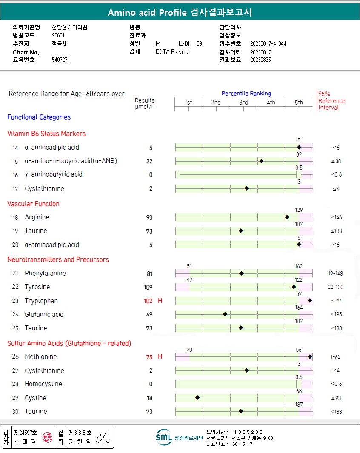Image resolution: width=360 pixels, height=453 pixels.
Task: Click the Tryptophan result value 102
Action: pos(148,301)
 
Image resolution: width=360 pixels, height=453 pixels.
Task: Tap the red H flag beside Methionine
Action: pos(160,356)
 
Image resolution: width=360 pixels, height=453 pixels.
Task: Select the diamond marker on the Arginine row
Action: pos(287,217)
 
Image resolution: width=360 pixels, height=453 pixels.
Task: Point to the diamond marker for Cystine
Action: pos(197,398)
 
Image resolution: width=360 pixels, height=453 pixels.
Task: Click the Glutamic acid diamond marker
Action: pos(225,314)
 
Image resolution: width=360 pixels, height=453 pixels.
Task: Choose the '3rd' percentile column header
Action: pos(243,103)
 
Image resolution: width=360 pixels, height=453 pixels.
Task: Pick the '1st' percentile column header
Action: pos(188,103)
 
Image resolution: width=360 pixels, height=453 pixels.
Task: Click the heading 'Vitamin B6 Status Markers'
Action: pos(46,134)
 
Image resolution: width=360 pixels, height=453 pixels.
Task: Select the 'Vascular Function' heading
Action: pos(33,204)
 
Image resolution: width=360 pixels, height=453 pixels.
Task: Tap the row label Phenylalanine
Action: pos(45,274)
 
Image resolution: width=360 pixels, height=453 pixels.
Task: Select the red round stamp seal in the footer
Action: pos(48,437)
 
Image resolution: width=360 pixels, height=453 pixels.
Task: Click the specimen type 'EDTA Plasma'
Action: pos(172,52)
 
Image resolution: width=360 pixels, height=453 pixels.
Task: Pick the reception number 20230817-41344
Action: pos(268,44)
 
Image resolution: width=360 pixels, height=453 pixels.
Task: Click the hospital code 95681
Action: pos(58,35)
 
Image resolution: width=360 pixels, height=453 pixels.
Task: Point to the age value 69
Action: pos(199,44)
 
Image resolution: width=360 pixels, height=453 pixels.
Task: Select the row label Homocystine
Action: pos(43,384)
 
